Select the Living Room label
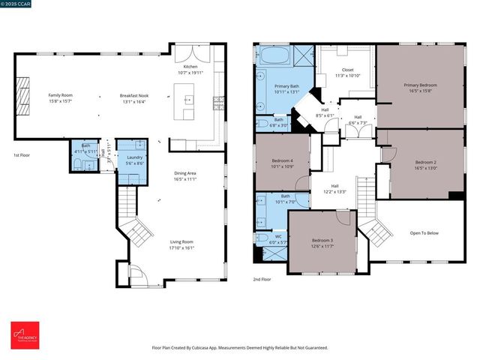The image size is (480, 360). point(181,241)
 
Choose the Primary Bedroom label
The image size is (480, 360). point(420,85)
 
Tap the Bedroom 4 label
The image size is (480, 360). point(281,160)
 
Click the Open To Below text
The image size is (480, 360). point(424,233)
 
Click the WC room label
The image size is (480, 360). point(277,238)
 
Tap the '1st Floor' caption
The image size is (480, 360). point(22,155)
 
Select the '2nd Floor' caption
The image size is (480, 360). point(262,279)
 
